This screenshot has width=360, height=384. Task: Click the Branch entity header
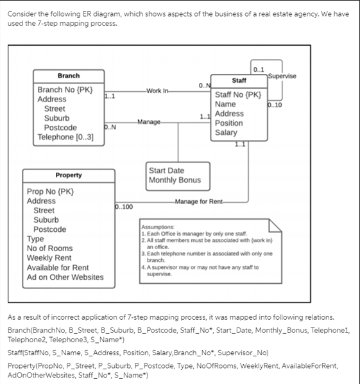coord(69,76)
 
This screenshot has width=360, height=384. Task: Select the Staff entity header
coord(239,81)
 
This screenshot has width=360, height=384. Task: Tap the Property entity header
coord(69,175)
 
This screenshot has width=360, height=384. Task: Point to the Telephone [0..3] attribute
coord(65,137)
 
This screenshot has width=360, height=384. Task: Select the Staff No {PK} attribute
coord(238,94)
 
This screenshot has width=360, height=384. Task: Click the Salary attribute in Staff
coord(226,132)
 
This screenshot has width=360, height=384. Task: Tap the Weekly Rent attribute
coord(49,257)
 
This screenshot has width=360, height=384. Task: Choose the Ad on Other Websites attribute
coord(64,277)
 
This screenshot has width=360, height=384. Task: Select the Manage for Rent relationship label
coord(199,202)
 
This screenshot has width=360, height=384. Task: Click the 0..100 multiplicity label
coord(123,207)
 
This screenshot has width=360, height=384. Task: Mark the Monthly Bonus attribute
coord(174,180)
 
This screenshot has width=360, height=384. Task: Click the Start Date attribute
coord(166,170)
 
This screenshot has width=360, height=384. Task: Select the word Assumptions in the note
coord(158,227)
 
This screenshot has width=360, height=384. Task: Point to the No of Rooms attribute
coord(49,248)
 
